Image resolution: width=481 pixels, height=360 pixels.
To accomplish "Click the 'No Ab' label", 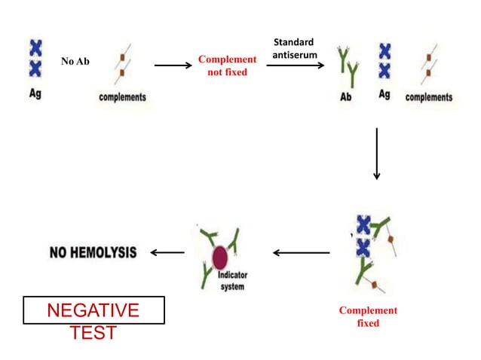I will tap(75, 61).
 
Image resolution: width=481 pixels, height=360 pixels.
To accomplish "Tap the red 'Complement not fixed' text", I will tap(227, 66).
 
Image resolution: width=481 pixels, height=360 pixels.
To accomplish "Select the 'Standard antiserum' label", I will tap(293, 48).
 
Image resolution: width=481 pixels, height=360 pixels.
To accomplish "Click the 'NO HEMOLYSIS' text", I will tap(93, 252).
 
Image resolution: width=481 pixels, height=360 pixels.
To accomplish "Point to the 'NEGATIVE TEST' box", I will tap(93, 311).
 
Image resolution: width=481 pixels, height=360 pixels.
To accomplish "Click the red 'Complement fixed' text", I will tap(368, 316).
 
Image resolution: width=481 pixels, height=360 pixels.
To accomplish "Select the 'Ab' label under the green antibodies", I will tap(346, 98).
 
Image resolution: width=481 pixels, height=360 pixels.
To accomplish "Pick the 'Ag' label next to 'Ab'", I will tap(384, 97).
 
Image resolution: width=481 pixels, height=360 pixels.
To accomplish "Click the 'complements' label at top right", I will tap(429, 97).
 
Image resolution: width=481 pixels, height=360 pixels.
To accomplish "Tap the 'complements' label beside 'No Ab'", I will tap(123, 97).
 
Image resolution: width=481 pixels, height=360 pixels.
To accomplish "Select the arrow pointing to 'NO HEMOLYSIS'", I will tap(167, 252).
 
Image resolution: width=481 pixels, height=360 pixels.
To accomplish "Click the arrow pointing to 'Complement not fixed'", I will tap(173, 66).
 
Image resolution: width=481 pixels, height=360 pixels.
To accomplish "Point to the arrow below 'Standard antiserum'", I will tap(296, 66).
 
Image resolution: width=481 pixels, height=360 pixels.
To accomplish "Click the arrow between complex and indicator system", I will tap(301, 252).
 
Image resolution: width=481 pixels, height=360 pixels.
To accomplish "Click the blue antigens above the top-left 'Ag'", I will tap(35, 59).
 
